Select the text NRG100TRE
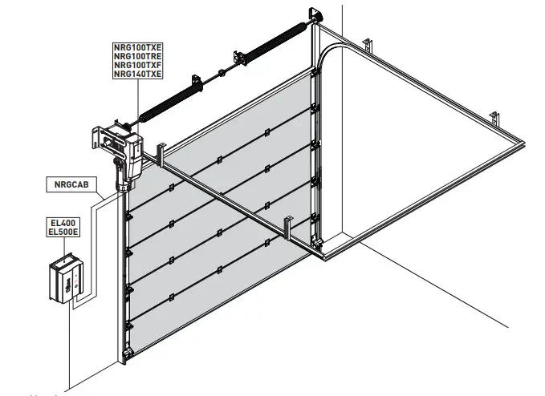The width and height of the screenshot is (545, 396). coord(137,57)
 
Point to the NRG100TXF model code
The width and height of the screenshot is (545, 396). coord(137,65)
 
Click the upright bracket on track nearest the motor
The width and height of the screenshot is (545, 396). coord(161,152)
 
